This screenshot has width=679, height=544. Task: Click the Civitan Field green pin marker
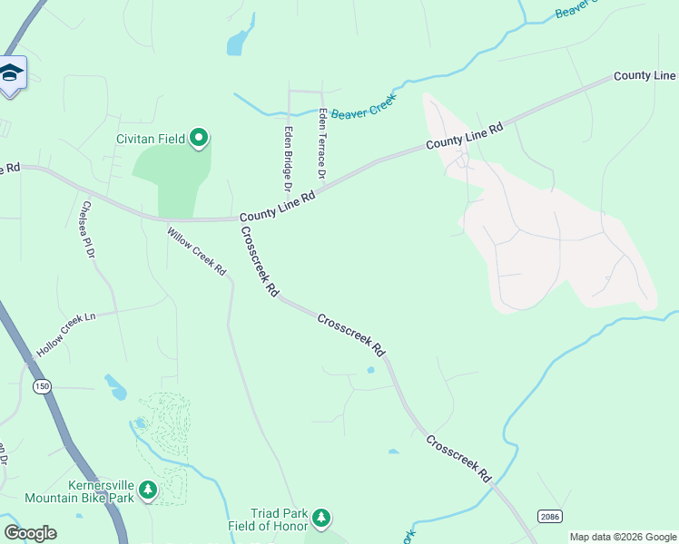tap(199, 139)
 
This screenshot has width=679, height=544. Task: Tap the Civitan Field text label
tap(151, 140)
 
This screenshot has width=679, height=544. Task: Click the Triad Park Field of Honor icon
tap(320, 518)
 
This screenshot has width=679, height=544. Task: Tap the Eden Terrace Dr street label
tap(321, 142)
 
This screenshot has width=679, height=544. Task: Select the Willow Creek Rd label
tap(196, 251)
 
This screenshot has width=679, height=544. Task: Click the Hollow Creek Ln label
tap(66, 335)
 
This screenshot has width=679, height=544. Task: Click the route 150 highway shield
tap(41, 386)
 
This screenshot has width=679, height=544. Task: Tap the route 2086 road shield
tap(549, 517)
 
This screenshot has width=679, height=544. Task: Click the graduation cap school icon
tap(11, 72)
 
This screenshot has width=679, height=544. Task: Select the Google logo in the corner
tap(30, 533)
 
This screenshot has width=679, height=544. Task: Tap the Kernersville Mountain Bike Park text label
tap(80, 491)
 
